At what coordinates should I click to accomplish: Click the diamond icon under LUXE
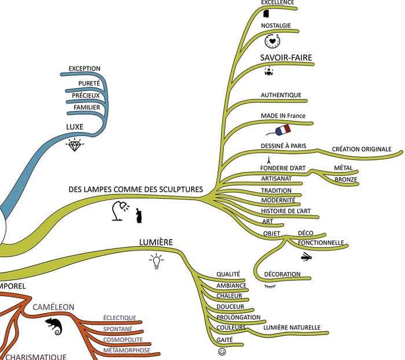point(75,145)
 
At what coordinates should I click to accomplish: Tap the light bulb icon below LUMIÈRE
point(156,261)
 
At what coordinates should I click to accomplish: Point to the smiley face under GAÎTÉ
point(222,351)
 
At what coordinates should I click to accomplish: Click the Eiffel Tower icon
point(268,159)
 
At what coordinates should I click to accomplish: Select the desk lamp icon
point(120,211)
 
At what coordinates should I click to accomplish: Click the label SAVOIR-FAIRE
point(286,57)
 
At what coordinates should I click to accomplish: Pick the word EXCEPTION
point(84,69)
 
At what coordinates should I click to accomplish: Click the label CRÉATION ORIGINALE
point(362,149)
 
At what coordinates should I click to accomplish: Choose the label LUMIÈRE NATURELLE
point(292,328)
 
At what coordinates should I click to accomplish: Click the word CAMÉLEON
point(54,307)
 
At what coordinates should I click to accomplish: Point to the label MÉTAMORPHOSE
point(127,350)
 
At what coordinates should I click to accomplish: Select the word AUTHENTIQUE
point(281,95)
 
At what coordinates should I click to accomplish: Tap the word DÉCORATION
point(282,274)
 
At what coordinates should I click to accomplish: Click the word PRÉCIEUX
point(86,95)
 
